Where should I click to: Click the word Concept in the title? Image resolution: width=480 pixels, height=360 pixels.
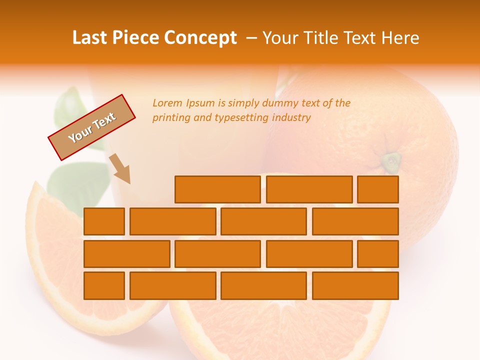(201, 38)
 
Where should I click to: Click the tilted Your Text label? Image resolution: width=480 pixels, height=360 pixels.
(91, 127)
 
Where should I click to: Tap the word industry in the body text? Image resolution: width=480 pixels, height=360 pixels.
(291, 118)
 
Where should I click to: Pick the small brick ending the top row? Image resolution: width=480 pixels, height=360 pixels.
(378, 189)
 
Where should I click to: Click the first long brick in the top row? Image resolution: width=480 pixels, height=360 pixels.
(217, 189)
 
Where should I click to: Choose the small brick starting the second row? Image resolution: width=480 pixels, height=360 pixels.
(104, 221)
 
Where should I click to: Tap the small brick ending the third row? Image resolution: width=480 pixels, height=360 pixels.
(378, 254)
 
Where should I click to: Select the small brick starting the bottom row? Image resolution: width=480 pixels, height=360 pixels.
(104, 285)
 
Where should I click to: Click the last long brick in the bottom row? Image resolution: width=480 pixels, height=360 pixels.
(355, 285)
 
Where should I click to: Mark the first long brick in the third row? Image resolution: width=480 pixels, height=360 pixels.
(126, 254)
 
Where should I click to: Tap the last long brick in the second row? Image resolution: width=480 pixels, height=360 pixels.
(355, 221)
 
